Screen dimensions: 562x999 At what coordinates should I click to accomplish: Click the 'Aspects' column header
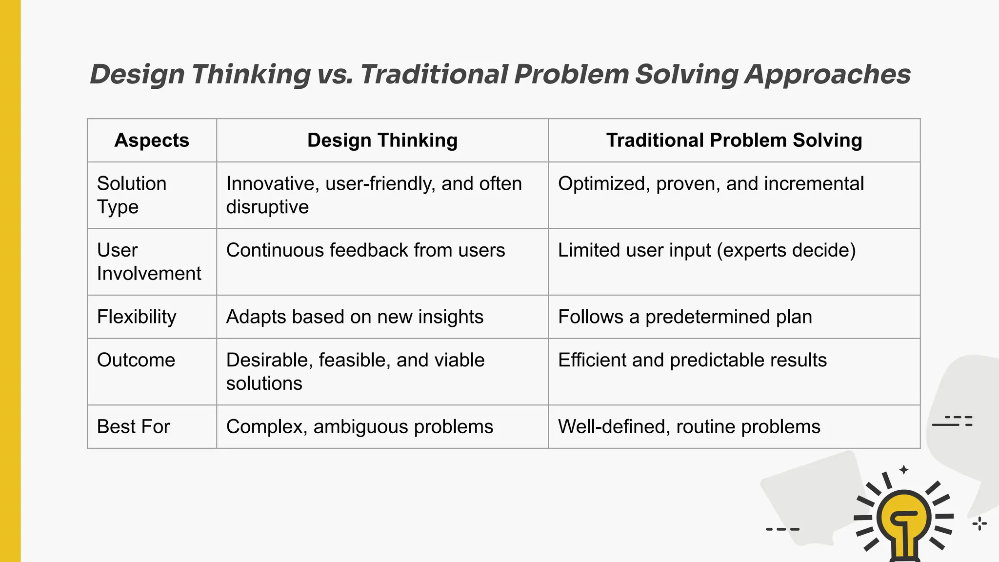pyautogui.click(x=152, y=140)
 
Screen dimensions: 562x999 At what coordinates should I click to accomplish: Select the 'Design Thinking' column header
pyautogui.click(x=382, y=140)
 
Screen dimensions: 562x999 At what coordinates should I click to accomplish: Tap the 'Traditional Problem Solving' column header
pyautogui.click(x=734, y=140)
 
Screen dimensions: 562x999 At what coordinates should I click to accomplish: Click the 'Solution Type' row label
pyautogui.click(x=132, y=195)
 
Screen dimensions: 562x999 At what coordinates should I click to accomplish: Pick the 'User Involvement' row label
pyautogui.click(x=149, y=261)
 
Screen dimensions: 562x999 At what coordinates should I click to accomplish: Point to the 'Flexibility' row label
pyautogui.click(x=137, y=317)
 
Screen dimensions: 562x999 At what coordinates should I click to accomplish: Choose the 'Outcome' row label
pyautogui.click(x=136, y=360)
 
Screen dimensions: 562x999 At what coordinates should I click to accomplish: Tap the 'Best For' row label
pyautogui.click(x=133, y=427)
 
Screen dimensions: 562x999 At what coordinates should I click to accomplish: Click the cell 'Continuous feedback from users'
pyautogui.click(x=365, y=250)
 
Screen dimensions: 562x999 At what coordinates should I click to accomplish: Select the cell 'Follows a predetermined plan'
pyautogui.click(x=685, y=317)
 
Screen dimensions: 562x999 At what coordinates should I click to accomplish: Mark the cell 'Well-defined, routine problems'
pyautogui.click(x=689, y=427)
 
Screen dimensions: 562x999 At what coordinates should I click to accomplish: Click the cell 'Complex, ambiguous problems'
pyautogui.click(x=360, y=427)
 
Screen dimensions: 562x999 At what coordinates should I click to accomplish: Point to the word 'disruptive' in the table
pyautogui.click(x=267, y=207)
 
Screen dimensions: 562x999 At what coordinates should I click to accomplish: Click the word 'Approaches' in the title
pyautogui.click(x=827, y=75)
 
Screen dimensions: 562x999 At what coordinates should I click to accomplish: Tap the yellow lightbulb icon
pyautogui.click(x=904, y=522)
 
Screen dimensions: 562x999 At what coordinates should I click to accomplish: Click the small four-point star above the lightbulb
pyautogui.click(x=904, y=470)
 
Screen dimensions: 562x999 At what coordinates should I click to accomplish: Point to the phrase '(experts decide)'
pyautogui.click(x=786, y=250)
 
